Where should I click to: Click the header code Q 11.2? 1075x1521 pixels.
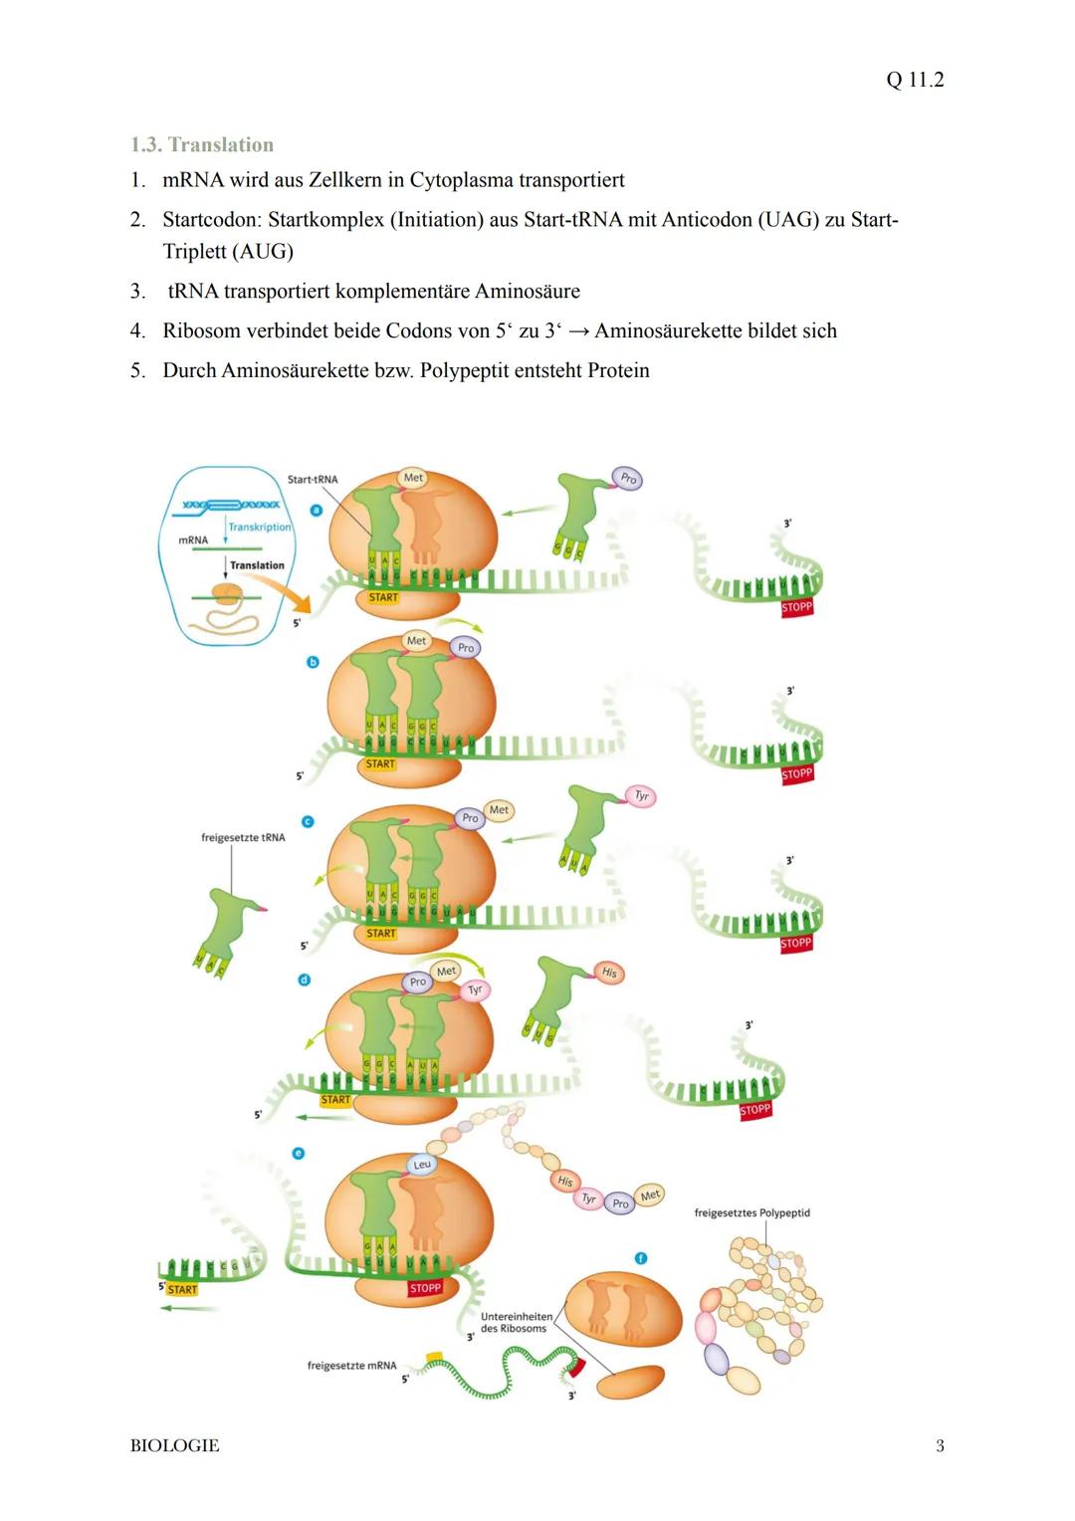[914, 80]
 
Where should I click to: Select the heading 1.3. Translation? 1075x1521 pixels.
[201, 144]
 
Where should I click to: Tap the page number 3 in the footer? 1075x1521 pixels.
[940, 1445]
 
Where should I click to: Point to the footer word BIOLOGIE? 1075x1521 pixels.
[174, 1445]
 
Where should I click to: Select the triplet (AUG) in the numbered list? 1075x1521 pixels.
[262, 251]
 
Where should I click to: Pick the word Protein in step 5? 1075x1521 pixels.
[617, 370]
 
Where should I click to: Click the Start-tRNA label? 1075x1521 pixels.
[312, 479]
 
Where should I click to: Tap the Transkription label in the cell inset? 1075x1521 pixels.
[259, 527]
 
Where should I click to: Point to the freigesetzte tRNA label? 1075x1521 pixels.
[243, 837]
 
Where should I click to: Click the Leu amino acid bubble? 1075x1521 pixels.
[422, 1165]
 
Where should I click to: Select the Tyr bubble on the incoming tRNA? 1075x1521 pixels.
[642, 796]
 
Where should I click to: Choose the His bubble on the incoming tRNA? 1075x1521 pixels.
[609, 973]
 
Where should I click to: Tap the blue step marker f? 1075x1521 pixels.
[641, 1258]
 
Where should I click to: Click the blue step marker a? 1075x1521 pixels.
[317, 510]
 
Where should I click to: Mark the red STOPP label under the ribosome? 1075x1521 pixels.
[425, 1288]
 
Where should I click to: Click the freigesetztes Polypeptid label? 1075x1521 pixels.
[752, 1212]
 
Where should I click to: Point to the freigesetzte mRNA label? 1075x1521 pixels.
[351, 1366]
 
